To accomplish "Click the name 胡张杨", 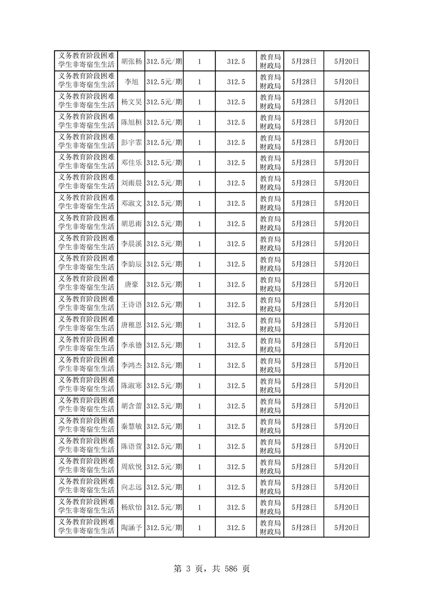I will [131, 61].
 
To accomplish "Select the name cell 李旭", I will [131, 82].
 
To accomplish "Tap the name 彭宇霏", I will [131, 143].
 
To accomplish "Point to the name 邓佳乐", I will [131, 163].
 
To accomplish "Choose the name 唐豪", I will [131, 284].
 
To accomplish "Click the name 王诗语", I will [131, 305].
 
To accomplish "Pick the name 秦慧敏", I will [131, 426].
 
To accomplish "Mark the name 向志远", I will [131, 487].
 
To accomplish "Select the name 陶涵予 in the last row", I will [131, 528].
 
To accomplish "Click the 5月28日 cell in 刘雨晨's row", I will [304, 183].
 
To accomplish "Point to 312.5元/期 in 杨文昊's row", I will [164, 102].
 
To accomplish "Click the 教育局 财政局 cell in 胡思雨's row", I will [270, 224].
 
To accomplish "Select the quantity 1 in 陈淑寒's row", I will [199, 386].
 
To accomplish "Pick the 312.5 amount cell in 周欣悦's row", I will [236, 467].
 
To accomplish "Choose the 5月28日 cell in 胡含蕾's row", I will [304, 406].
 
